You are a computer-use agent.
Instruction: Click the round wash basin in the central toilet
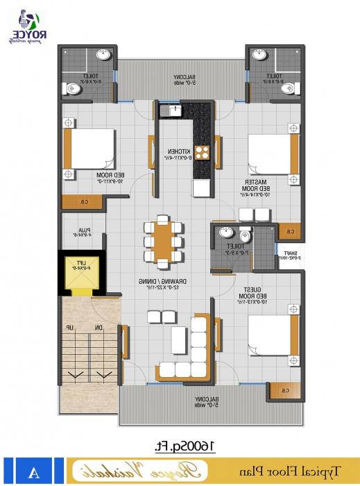click(x=225, y=233)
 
